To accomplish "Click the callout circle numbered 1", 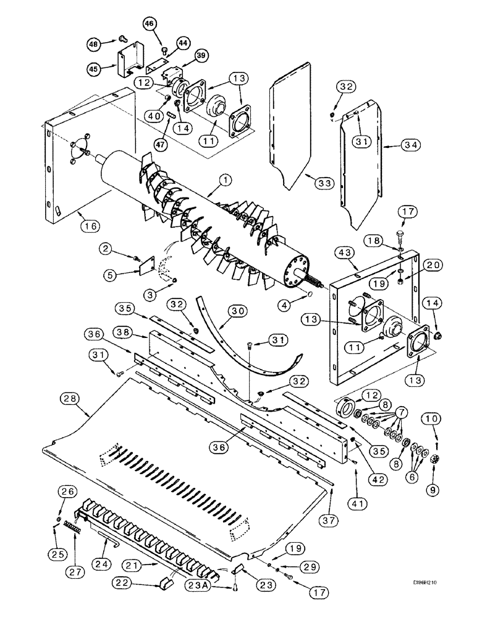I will (226, 180).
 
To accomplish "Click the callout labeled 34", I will (392, 145).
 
